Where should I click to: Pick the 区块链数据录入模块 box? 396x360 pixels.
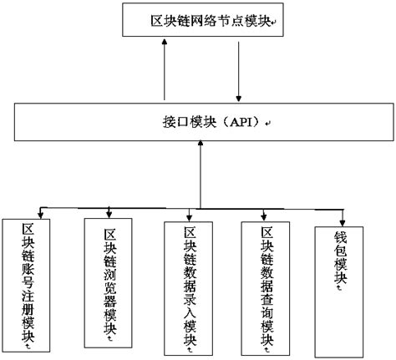coord(191,284)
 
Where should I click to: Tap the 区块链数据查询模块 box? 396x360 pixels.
coord(268,284)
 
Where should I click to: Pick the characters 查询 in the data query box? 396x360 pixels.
coord(268,301)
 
